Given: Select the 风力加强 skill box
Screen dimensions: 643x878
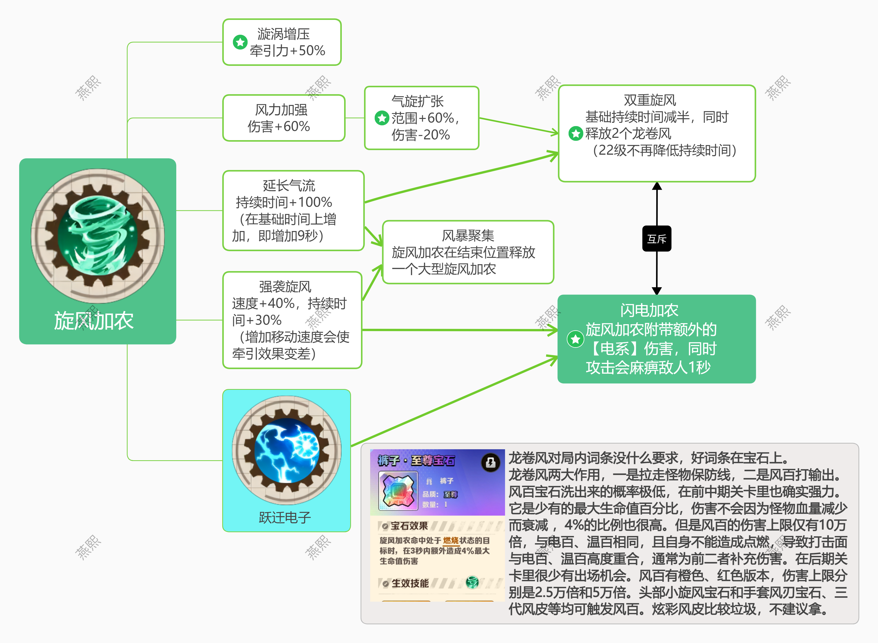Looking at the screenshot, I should (x=284, y=118).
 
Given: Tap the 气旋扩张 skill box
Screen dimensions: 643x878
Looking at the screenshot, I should (x=422, y=118).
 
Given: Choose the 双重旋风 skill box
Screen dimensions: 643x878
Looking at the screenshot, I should (x=657, y=133).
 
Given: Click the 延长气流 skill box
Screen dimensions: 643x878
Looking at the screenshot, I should (x=293, y=211).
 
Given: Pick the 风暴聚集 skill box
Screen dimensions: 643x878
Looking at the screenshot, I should (x=468, y=252).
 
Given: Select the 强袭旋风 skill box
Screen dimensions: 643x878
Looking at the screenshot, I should (x=292, y=320).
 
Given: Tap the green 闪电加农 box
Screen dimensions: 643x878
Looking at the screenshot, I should (x=657, y=339).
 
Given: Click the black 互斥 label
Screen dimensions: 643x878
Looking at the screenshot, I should (x=657, y=239).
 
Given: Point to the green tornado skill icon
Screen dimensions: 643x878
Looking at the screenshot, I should (x=97, y=236).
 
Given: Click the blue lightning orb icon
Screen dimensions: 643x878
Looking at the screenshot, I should (x=287, y=450).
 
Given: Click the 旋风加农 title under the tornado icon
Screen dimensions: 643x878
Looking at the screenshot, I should (x=93, y=321).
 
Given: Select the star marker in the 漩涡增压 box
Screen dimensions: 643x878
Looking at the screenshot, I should (x=240, y=42).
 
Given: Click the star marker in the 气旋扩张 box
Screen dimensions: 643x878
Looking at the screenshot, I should (x=382, y=118).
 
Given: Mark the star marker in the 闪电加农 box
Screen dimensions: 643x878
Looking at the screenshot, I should (x=575, y=339).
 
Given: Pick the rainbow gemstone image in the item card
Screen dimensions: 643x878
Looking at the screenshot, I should (x=398, y=491).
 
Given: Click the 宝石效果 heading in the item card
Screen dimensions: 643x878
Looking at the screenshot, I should (x=409, y=526).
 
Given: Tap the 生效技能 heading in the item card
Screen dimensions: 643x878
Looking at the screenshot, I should (x=410, y=583).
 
